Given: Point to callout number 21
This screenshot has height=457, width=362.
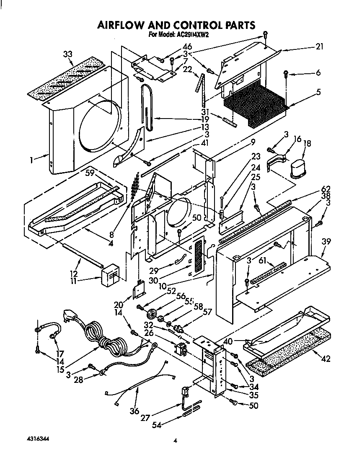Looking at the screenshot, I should tap(319, 47).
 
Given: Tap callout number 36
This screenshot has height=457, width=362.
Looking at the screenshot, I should tap(134, 411).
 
